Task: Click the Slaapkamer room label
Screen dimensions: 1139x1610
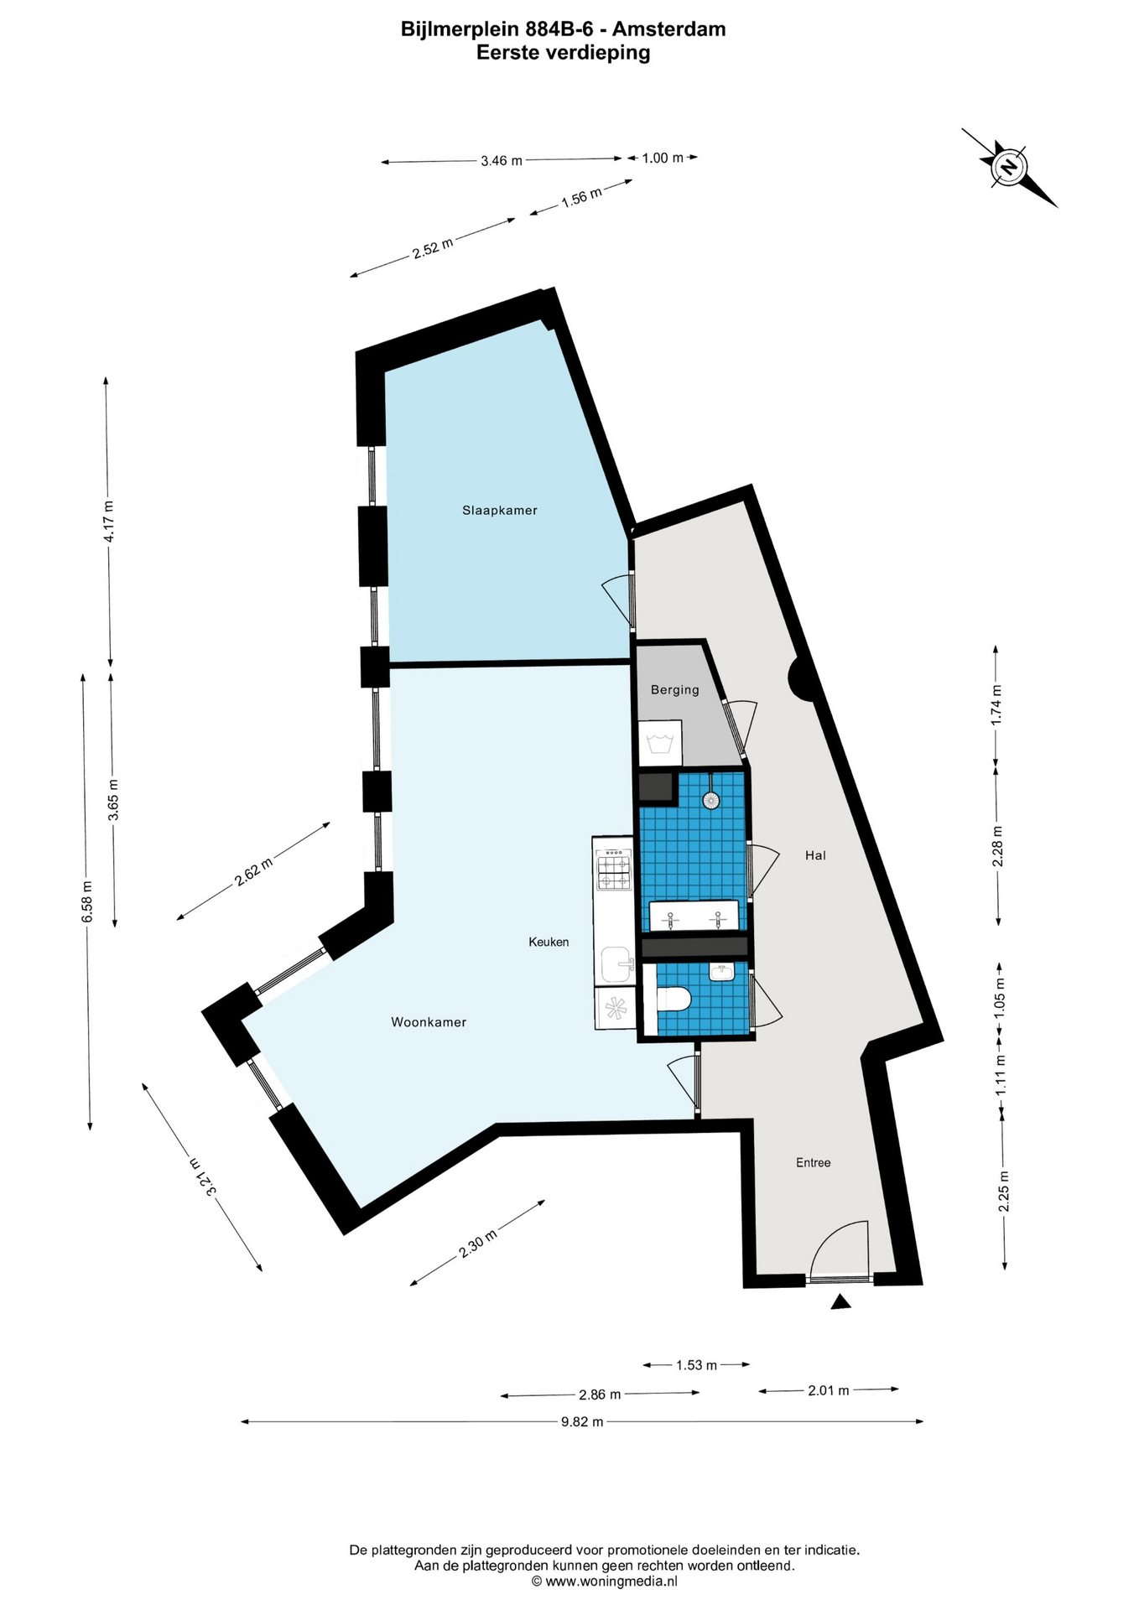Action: pos(500,510)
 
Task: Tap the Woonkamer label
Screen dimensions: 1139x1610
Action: pos(429,1022)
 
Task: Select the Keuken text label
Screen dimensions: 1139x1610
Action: pos(549,942)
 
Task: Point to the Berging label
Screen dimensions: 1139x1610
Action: pos(675,690)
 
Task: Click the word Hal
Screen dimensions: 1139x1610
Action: pos(815,855)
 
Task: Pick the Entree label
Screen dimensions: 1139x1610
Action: pos(814,1162)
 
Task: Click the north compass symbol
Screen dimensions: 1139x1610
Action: pos(1009,167)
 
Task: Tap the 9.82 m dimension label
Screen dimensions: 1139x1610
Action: pos(582,1421)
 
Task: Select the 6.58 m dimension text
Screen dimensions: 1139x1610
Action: pos(86,902)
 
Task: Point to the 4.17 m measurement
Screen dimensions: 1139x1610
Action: pos(108,522)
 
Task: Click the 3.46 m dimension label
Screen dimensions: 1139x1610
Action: pos(502,160)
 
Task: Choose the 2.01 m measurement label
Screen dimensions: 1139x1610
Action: pos(829,1390)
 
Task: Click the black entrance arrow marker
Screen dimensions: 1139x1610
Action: pos(840,1301)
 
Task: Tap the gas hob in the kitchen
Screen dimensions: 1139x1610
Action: pos(613,870)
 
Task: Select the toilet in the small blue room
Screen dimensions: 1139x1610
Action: pos(673,1000)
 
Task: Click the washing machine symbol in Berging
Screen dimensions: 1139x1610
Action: pos(661,743)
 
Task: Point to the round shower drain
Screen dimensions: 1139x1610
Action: pos(712,800)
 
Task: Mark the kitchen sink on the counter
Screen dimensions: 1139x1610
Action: pos(617,964)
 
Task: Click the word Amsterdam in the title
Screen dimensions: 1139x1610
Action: pos(668,29)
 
